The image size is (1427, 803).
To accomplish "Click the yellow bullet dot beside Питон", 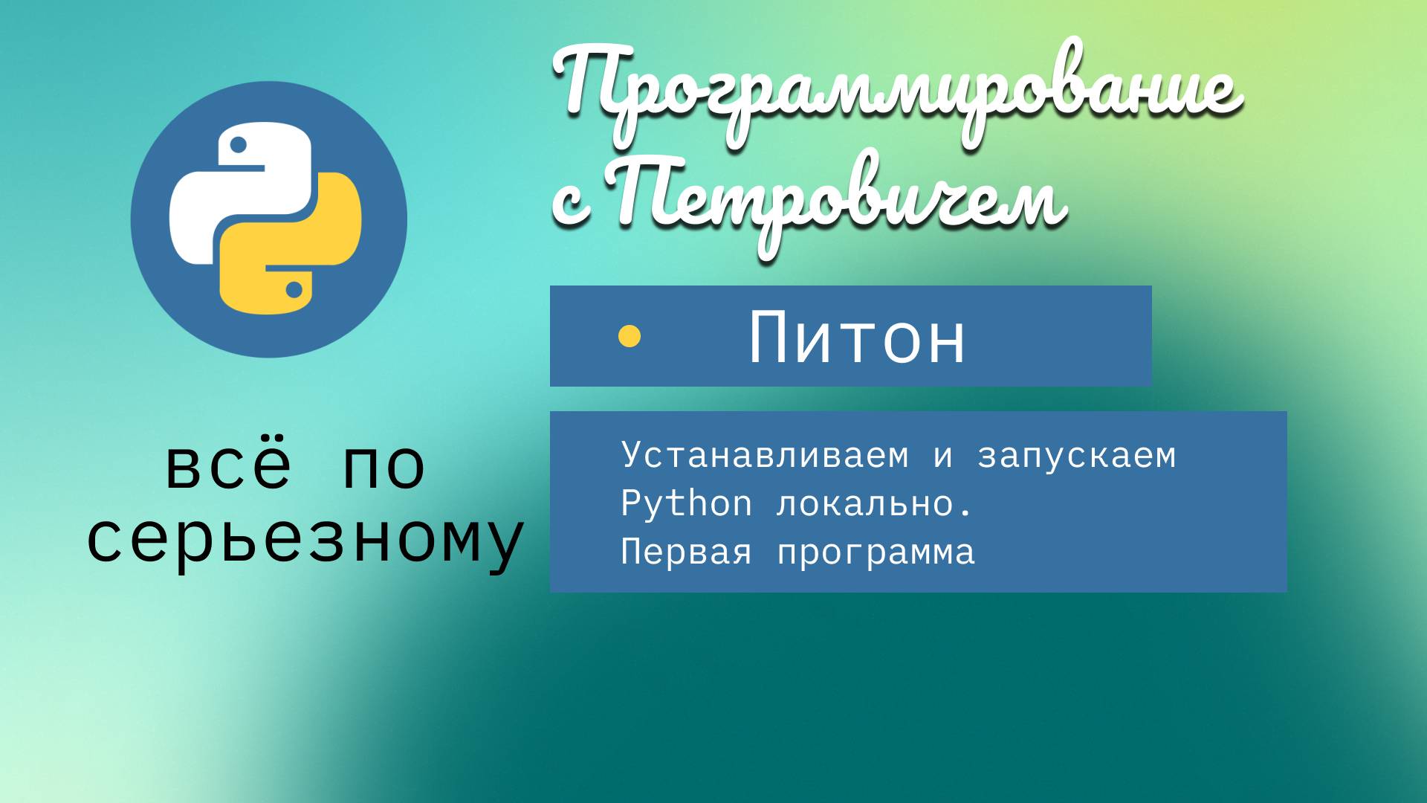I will point(630,337).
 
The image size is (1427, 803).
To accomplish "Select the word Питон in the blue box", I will point(857,338).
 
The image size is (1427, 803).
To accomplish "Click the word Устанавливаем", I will point(765,455).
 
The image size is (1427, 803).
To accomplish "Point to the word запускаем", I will point(1076,455).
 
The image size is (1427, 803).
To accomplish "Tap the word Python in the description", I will point(686,504).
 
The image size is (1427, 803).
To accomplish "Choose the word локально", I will point(874,504).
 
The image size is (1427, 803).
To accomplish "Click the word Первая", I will point(686,552).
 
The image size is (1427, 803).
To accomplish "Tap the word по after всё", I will point(384,467).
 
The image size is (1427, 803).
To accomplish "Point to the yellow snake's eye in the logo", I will point(294,290).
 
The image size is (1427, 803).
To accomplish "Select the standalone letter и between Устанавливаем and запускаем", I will point(942,456).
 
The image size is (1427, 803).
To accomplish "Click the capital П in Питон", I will point(771,338).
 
